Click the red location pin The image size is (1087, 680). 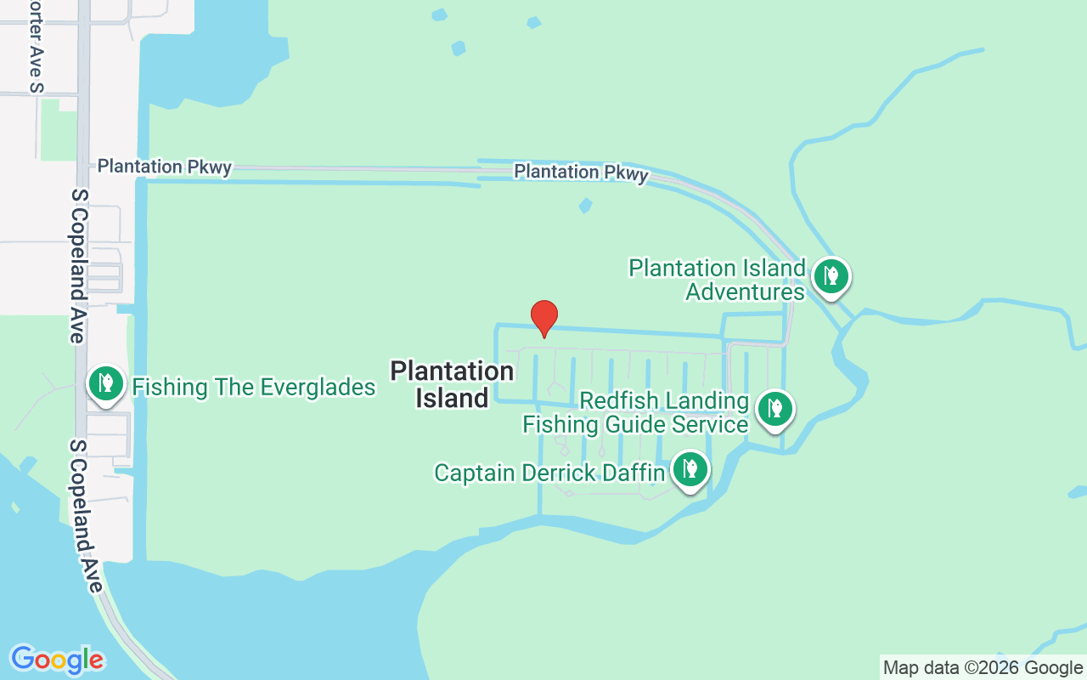tap(544, 318)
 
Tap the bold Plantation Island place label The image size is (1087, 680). tap(452, 384)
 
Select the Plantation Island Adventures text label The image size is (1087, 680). tap(717, 280)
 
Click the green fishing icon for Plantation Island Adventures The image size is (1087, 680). tap(831, 276)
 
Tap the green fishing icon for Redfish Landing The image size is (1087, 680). tap(774, 409)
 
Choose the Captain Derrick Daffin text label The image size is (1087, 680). tap(549, 473)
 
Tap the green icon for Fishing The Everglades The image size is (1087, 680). tap(106, 383)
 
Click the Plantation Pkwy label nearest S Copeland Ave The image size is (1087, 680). tap(165, 167)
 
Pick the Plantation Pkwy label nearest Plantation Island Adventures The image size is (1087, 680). tap(581, 173)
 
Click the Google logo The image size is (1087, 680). tap(58, 660)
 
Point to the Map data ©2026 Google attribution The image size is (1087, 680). tap(983, 668)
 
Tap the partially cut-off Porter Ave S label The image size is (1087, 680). tap(35, 46)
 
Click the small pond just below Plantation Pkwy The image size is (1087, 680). tap(584, 206)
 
